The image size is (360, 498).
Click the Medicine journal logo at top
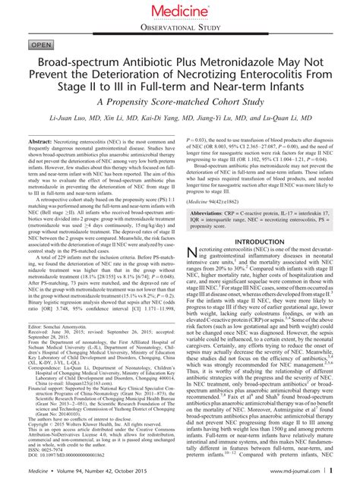[180, 11]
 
